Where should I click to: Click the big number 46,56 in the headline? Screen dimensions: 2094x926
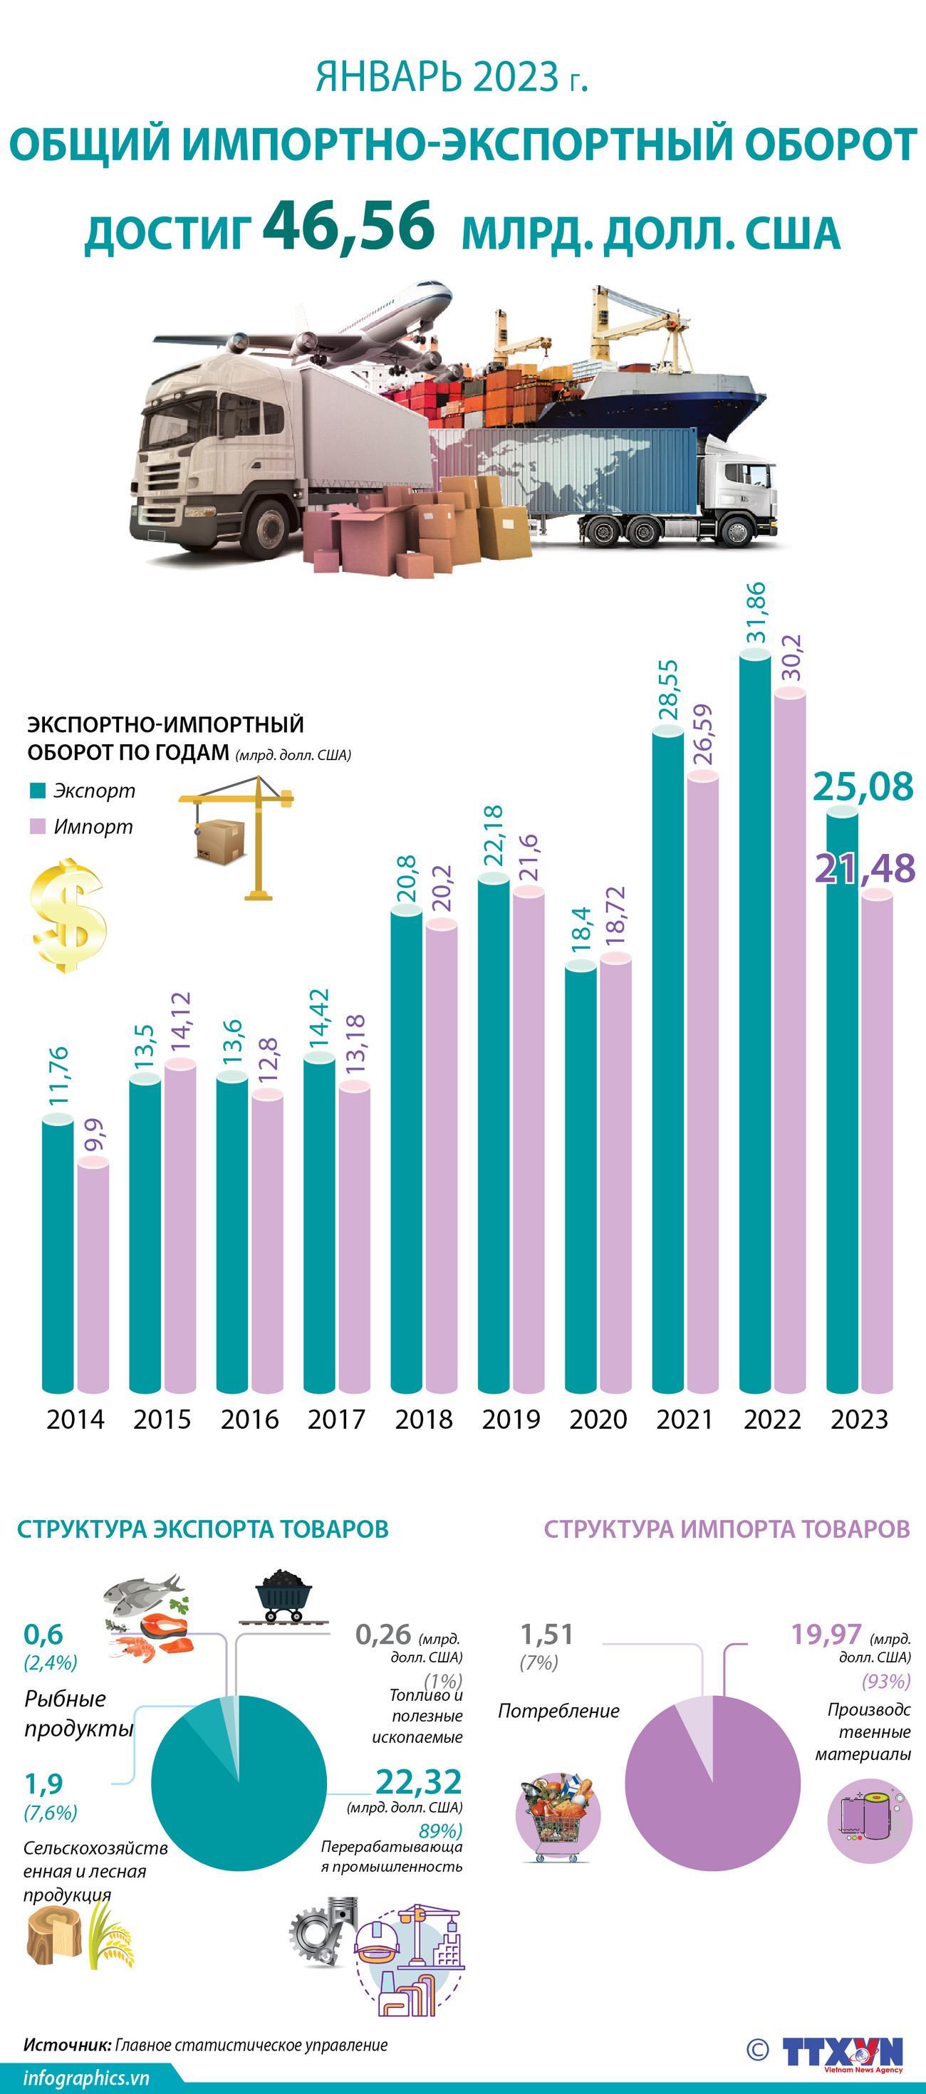(349, 225)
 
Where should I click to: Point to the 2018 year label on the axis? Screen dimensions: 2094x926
(424, 1420)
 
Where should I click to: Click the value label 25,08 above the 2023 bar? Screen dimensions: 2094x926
(863, 786)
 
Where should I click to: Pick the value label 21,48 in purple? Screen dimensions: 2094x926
(864, 868)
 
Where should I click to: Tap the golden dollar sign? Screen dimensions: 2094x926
(68, 915)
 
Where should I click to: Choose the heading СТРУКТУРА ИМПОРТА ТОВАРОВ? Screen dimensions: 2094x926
(726, 1529)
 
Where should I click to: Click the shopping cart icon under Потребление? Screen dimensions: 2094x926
(557, 1817)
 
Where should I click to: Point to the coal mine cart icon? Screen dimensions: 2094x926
(282, 1594)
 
